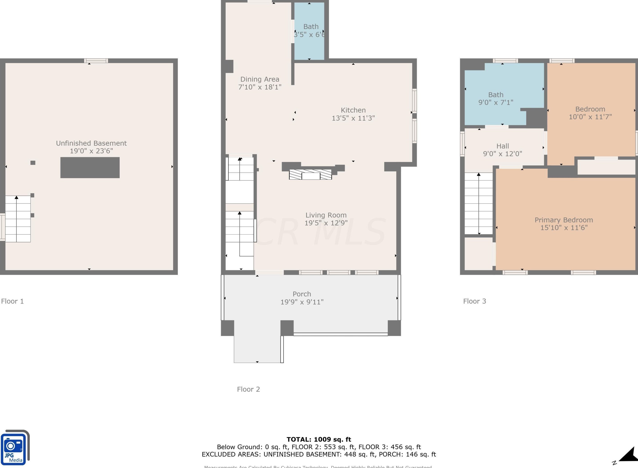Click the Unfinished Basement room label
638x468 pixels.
click(91, 143)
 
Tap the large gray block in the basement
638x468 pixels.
click(90, 168)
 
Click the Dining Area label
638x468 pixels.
click(260, 79)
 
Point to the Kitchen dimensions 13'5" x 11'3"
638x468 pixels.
click(353, 118)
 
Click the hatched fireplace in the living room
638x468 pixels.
click(310, 174)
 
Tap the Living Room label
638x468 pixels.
click(326, 215)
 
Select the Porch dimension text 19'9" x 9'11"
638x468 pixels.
click(302, 302)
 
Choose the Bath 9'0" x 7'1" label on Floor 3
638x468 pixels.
click(496, 99)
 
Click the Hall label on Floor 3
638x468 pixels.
click(503, 146)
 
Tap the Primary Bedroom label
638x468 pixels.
click(564, 220)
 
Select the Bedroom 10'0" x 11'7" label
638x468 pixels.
click(590, 113)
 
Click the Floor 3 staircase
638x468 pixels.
click(478, 203)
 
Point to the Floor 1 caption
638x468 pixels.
click(12, 301)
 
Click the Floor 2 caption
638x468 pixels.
click(248, 389)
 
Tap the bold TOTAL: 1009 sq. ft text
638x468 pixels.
click(319, 439)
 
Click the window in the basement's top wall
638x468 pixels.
click(96, 61)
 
